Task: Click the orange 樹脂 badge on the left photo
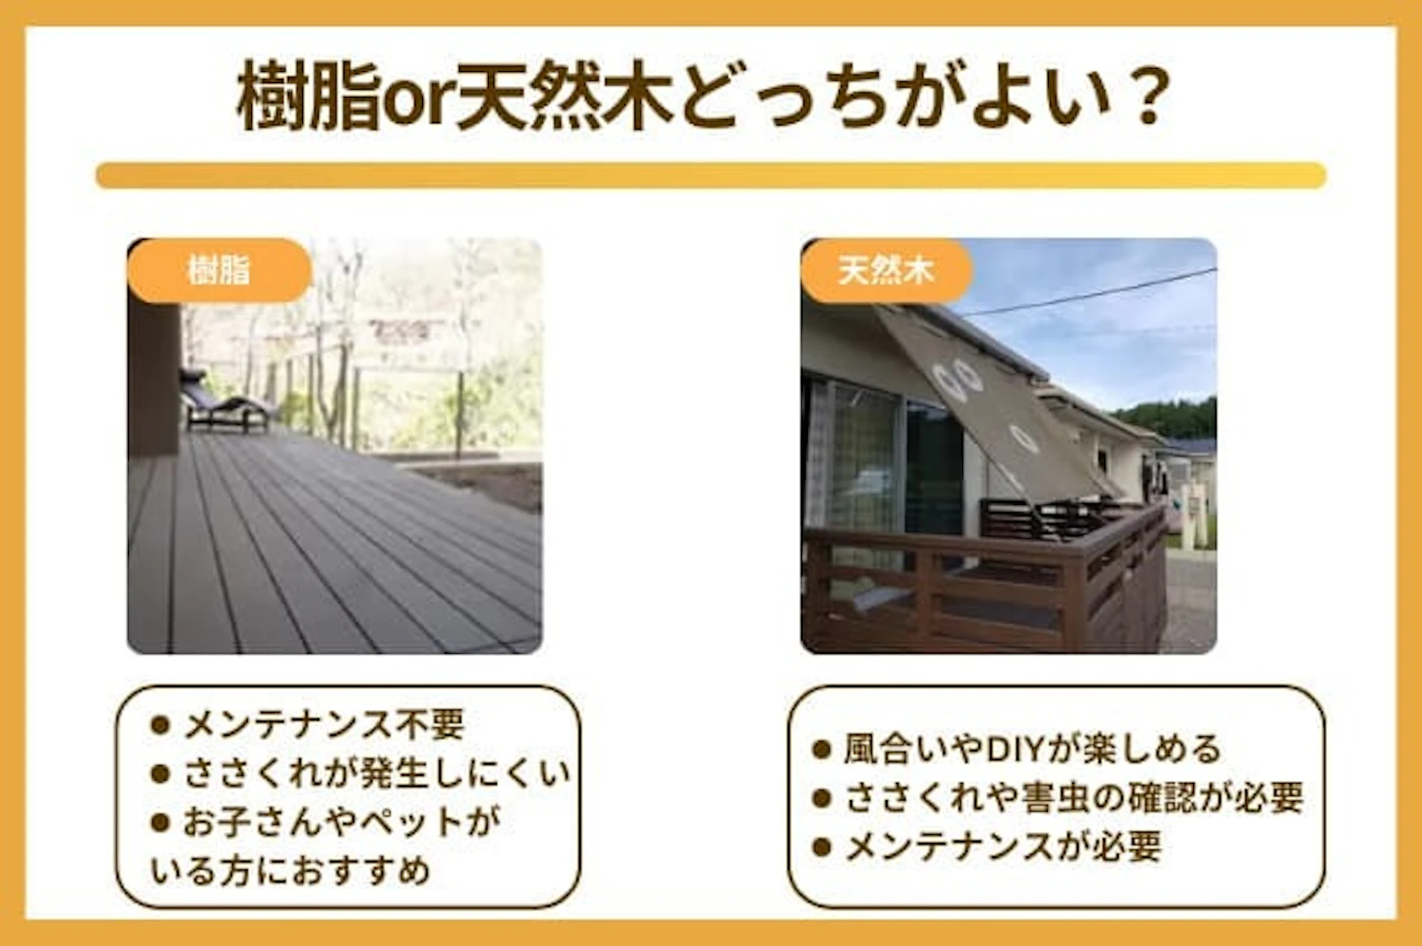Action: [x=218, y=270]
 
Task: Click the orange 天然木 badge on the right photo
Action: [x=886, y=271]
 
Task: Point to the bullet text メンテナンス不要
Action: [x=324, y=724]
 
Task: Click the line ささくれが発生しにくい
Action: [x=376, y=774]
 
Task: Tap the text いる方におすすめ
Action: [x=290, y=870]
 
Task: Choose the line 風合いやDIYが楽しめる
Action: [x=1032, y=749]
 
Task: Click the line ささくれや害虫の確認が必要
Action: [x=1073, y=798]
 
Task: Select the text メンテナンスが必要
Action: [x=1003, y=847]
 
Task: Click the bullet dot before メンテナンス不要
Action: [x=160, y=724]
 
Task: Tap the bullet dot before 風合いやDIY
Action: [x=821, y=749]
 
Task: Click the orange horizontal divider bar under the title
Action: [x=711, y=175]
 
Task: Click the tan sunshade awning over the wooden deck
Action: [x=992, y=400]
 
